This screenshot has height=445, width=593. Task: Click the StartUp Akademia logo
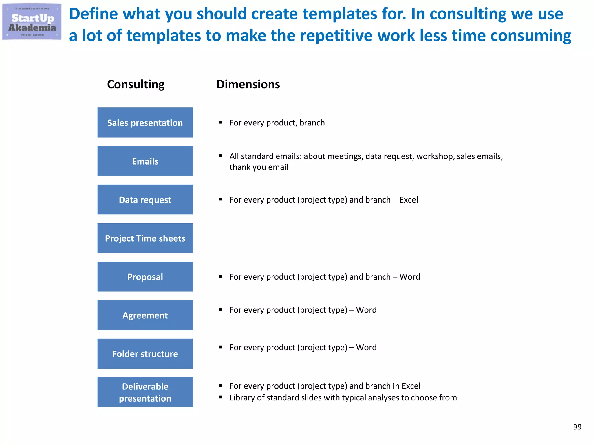[x=32, y=22]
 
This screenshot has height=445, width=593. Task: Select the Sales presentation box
[x=145, y=123]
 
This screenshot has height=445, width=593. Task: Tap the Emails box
[x=145, y=161]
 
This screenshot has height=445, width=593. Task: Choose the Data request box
[x=145, y=200]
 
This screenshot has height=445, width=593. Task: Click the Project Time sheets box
[x=145, y=238]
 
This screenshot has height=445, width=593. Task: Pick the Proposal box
[x=145, y=277]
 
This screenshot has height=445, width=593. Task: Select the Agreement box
[x=145, y=315]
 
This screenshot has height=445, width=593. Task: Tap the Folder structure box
[x=145, y=354]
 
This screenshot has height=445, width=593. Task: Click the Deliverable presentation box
[x=145, y=392]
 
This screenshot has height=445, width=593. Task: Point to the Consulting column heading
[x=136, y=84]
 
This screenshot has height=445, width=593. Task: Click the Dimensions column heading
[x=248, y=84]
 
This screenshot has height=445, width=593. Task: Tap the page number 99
[x=577, y=427]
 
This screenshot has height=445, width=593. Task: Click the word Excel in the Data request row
[x=409, y=200]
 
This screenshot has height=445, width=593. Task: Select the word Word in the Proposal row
[x=410, y=277]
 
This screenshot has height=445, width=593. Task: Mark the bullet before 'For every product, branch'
[x=221, y=123]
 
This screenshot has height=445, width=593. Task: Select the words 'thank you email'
[x=259, y=167]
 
